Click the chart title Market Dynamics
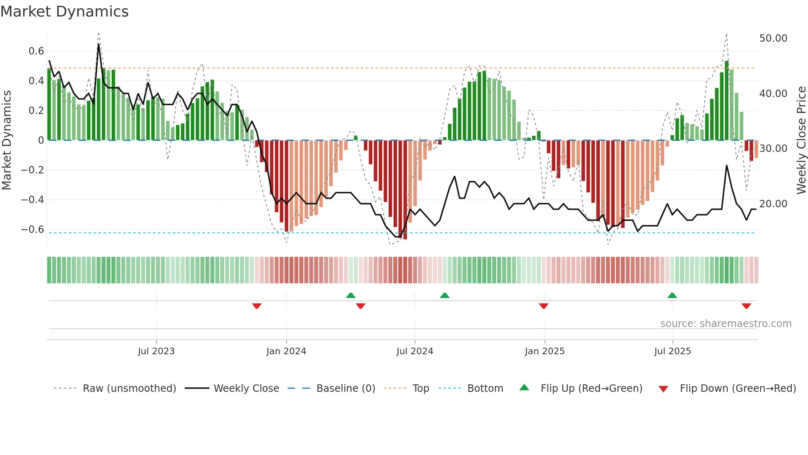tap(64, 12)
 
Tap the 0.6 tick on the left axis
tap(36, 51)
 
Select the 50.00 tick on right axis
tap(773, 38)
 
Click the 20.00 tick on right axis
tap(773, 204)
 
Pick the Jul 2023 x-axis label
tap(156, 351)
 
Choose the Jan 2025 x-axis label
tap(545, 351)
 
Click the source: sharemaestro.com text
tap(726, 324)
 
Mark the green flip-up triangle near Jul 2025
tap(672, 296)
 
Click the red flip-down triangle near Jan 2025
tap(543, 306)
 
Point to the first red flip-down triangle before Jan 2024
tap(257, 306)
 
